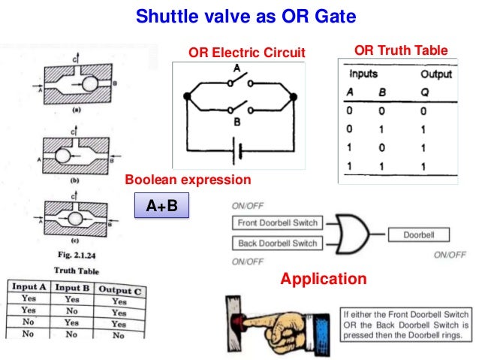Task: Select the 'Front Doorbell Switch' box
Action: coord(276,223)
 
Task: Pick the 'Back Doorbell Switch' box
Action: coord(277,243)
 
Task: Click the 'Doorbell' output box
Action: coord(419,234)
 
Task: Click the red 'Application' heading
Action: coord(323,280)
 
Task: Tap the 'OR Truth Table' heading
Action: coord(400,50)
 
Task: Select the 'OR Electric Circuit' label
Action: coord(246,53)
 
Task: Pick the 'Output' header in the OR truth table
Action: coord(435,74)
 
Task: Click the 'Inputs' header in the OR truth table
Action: coord(363,74)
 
